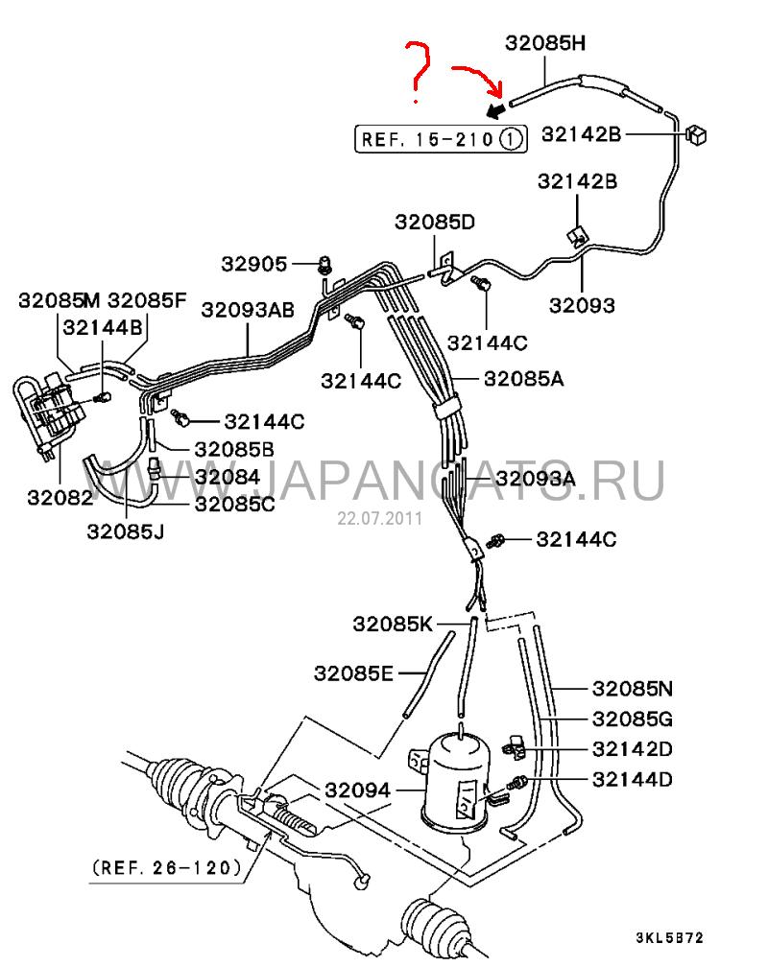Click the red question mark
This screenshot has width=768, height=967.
pos(417,71)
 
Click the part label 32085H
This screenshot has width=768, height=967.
pos(545,43)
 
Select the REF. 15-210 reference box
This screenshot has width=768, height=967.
pos(441,139)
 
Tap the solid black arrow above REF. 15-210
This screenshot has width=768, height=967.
pos(495,111)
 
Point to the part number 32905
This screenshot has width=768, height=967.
pos(254,264)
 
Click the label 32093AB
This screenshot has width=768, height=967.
pos(248,310)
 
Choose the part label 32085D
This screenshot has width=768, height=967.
pos(435,222)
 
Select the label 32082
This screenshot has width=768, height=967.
pos(60,497)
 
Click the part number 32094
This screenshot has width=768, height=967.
pos(357,790)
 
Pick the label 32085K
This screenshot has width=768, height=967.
pos(393,625)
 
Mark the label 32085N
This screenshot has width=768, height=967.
pos(633,688)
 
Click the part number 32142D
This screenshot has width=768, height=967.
pos(633,748)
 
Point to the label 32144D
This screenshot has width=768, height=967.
pos(633,780)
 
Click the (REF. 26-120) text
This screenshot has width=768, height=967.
pos(167,867)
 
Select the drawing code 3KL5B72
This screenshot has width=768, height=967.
pos(669,938)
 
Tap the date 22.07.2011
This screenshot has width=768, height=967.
pos(379,518)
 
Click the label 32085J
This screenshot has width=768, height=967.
pos(126,531)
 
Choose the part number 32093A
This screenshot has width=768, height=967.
pos(536,478)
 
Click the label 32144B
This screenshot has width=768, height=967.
pos(103,327)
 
